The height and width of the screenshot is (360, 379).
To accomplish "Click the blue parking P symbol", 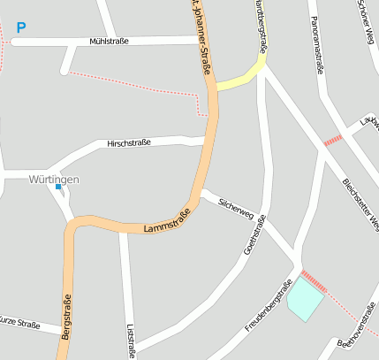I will (20, 28).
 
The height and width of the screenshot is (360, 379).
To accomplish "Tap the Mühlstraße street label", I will (110, 41).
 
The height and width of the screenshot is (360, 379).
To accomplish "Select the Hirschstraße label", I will (129, 142).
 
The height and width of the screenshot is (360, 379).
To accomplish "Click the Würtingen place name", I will (53, 180).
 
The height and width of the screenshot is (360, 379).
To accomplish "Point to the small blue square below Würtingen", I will (58, 187).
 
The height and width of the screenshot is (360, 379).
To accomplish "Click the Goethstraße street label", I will (256, 237).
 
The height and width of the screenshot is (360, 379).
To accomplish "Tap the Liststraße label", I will (132, 340).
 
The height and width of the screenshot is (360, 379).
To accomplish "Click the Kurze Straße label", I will (19, 325).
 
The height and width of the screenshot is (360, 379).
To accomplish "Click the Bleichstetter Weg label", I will (360, 199).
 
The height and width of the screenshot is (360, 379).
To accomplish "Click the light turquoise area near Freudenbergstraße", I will (305, 298).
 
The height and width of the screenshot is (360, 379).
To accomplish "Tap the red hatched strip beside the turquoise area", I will (314, 280).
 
